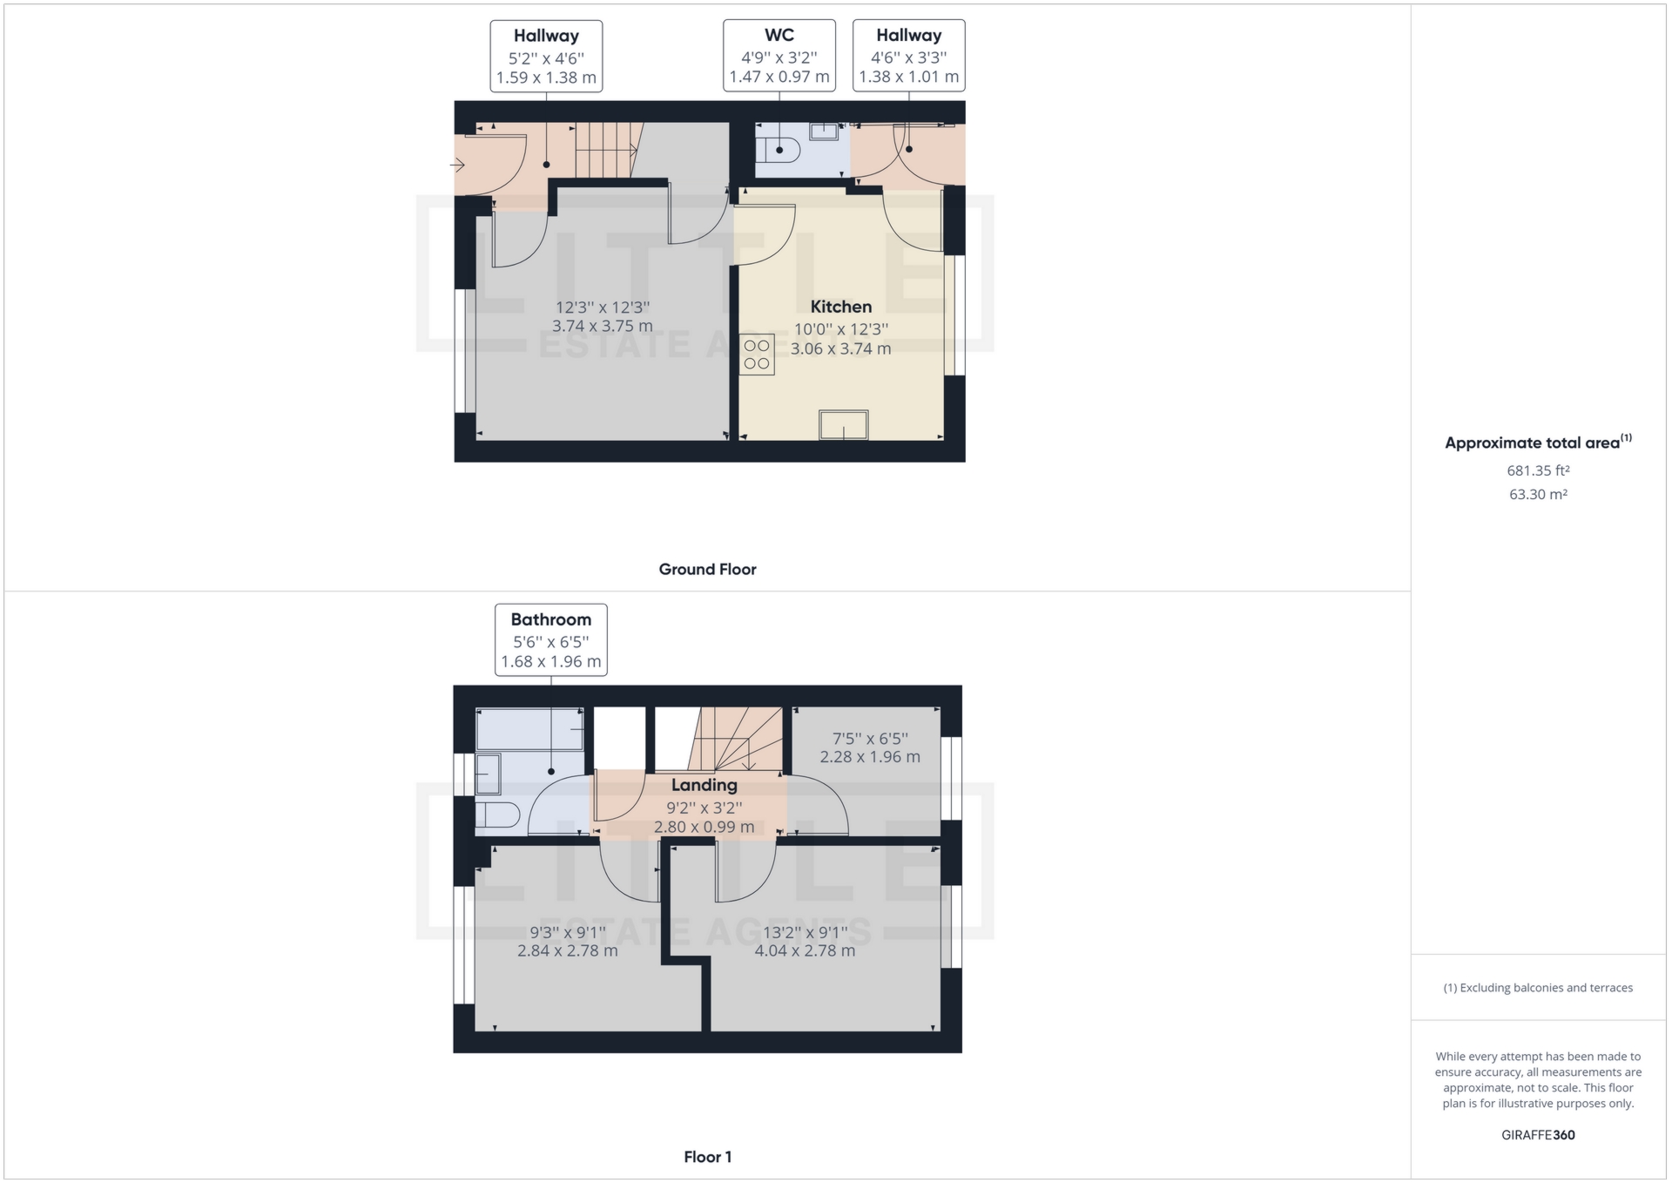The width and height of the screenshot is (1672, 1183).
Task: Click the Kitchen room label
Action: (840, 307)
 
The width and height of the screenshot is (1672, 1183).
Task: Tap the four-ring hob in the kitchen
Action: (756, 354)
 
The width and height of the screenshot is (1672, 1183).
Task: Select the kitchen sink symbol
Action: (843, 425)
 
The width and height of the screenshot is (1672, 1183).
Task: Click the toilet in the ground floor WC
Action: (778, 150)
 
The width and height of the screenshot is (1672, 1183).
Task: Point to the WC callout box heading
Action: (779, 36)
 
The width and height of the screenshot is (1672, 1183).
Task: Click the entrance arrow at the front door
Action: (457, 165)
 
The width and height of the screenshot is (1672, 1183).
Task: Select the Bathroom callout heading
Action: (550, 619)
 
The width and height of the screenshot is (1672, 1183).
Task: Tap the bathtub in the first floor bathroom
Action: (529, 729)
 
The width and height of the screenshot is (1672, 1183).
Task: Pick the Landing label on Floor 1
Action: (704, 785)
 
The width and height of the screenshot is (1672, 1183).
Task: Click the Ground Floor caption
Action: (707, 569)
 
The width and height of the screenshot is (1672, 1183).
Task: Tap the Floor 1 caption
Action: (707, 1157)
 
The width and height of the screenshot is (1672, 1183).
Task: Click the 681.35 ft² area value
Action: (1538, 470)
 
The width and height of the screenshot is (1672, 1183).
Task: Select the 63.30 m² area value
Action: (1538, 494)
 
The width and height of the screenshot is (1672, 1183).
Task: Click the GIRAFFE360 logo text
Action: (1538, 1135)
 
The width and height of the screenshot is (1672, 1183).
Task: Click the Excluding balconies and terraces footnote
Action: (1538, 988)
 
